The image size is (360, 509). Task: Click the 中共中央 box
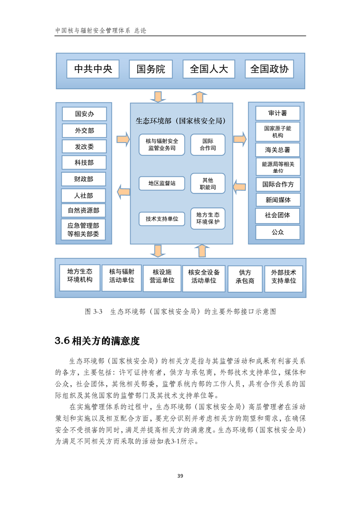(93, 69)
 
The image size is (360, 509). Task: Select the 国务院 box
(151, 69)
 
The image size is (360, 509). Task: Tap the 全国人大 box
(209, 69)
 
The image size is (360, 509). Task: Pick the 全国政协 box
(269, 69)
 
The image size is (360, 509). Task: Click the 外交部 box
(84, 131)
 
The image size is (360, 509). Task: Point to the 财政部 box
(84, 179)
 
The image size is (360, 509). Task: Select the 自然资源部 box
(84, 210)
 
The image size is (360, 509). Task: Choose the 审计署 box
(278, 113)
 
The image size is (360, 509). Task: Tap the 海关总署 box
(278, 150)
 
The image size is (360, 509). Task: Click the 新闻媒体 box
(278, 200)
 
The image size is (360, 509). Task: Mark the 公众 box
(278, 232)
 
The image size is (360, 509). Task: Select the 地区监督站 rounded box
(162, 183)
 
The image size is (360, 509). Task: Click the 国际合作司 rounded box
(207, 145)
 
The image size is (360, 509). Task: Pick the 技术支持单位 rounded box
(162, 219)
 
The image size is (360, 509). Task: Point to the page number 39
(180, 476)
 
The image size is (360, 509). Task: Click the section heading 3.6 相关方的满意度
(97, 341)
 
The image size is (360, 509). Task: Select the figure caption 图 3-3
(94, 312)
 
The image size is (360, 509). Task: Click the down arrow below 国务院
(158, 97)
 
